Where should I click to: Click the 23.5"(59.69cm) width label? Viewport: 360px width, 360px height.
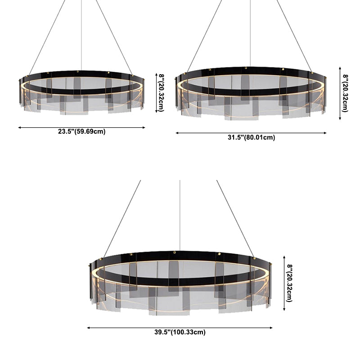click(x=81, y=132)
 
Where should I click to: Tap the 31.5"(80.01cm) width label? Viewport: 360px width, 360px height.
click(x=251, y=138)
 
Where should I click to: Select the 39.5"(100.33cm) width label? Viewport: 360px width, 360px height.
click(x=180, y=333)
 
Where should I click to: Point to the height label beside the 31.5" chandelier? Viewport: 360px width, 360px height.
click(x=346, y=93)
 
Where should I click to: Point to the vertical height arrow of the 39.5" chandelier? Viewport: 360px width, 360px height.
click(x=284, y=283)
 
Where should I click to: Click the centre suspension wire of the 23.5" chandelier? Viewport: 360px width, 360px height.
click(x=81, y=36)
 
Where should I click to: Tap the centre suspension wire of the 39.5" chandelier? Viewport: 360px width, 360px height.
click(x=180, y=216)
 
